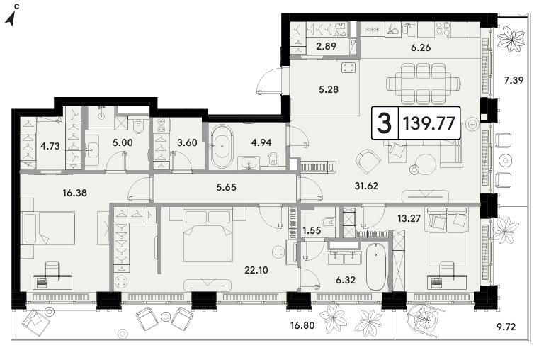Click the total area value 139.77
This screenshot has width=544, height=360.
coord(429,123)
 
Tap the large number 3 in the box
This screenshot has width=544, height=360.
coord(385,123)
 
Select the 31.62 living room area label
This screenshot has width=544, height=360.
coord(366,186)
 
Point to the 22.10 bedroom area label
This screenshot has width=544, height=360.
coord(256,270)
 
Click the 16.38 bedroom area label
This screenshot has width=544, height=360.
coord(74,193)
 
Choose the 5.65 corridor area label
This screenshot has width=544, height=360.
coord(226,188)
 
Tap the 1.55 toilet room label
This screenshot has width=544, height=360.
coord(312,230)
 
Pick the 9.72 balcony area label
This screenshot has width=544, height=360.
coord(506,327)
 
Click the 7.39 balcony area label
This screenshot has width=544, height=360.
coord(514,80)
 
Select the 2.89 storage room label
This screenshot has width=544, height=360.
coord(326,46)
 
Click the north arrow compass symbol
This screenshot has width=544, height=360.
coord(11,17)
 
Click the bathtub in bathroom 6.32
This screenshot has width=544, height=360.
coord(376,266)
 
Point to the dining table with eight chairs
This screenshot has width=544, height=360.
coord(424,84)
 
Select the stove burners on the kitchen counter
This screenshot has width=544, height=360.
coord(443,29)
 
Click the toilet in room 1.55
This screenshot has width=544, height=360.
coord(328,222)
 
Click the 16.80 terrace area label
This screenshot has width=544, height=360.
coord(302,325)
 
